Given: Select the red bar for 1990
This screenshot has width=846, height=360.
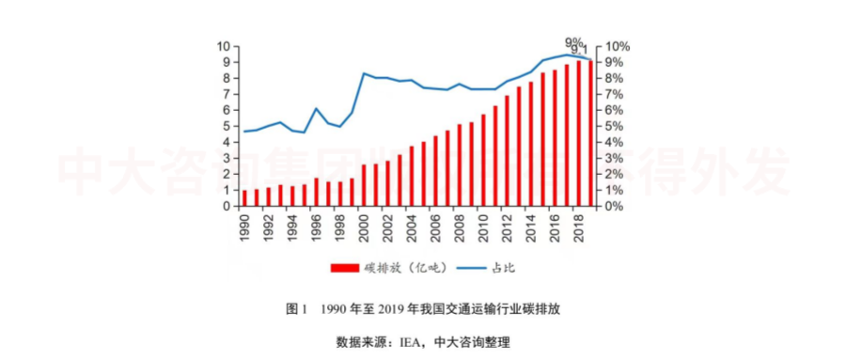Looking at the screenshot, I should click(245, 197).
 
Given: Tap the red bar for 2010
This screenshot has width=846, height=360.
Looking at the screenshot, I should click(483, 160).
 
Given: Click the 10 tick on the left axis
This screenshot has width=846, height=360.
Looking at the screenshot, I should click(225, 47).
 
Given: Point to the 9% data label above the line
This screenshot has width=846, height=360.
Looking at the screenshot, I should click(572, 41).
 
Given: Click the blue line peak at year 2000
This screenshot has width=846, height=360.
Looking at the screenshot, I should click(365, 73).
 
